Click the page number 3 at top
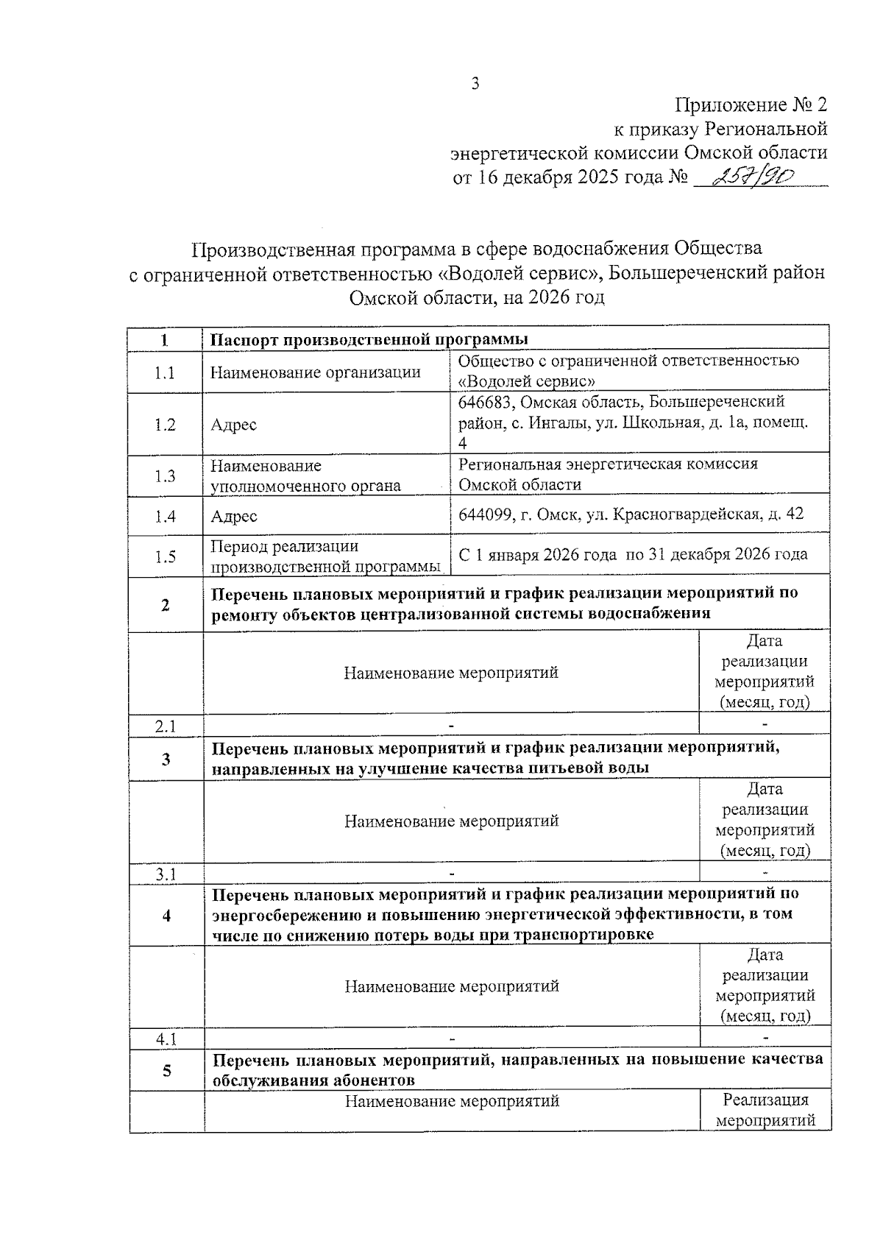pos(475,83)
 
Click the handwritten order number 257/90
pos(749,176)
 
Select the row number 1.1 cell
pos(165,373)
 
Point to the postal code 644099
pos(485,514)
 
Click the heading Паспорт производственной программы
pos(369,339)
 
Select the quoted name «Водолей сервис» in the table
pos(527,382)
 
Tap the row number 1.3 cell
pos(165,476)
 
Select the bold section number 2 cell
pos(165,605)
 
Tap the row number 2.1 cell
pos(165,726)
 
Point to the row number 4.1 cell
pos(166,1039)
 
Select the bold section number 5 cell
pos(166,1070)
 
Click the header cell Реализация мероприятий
pos(765,1111)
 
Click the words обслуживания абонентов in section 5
pos(313,1080)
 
